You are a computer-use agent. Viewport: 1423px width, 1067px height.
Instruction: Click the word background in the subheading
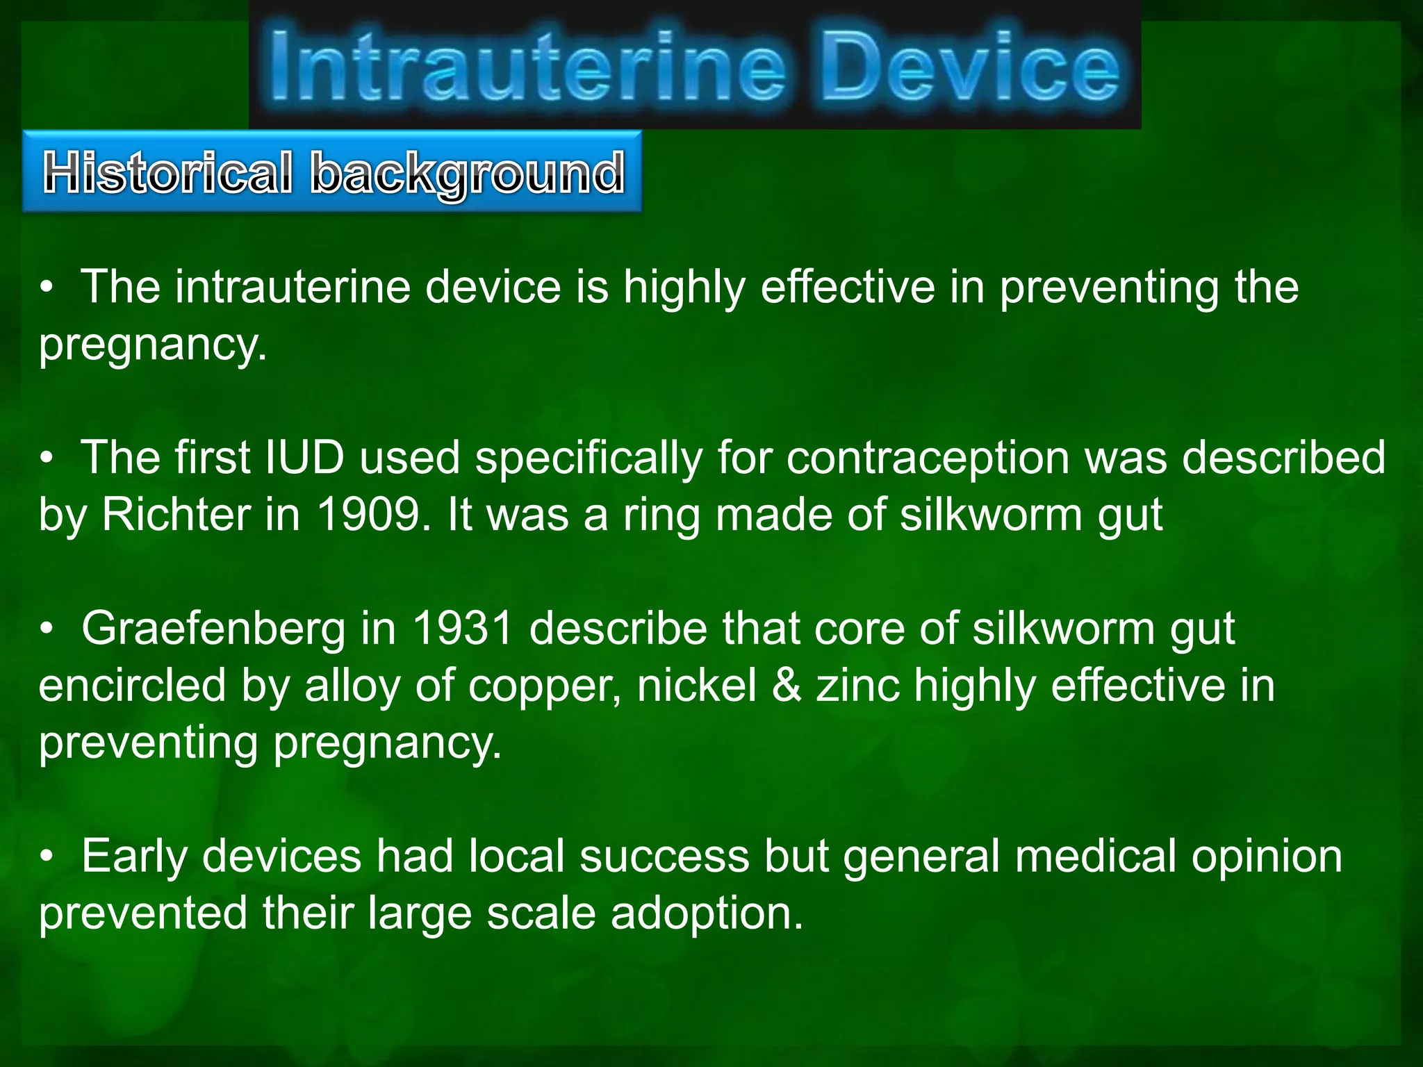[468, 174]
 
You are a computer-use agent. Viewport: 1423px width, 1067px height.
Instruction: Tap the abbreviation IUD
[305, 458]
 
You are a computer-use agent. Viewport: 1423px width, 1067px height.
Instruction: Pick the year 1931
[463, 629]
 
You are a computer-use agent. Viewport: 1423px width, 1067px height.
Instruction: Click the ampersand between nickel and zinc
[787, 686]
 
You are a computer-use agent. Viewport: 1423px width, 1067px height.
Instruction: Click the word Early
[134, 857]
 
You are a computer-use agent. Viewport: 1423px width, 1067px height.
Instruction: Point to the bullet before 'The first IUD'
[47, 459]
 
